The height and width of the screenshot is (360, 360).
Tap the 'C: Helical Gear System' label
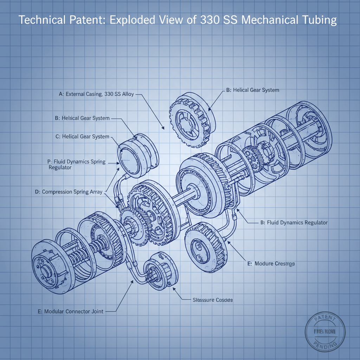click(x=82, y=136)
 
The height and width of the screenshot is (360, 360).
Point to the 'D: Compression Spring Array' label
click(x=69, y=192)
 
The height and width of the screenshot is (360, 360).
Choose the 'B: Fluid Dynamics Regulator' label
click(x=294, y=223)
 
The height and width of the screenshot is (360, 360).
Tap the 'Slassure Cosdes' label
click(x=213, y=300)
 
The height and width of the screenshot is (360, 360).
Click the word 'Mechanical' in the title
click(x=265, y=20)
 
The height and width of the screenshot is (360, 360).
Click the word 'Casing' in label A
click(x=91, y=94)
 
